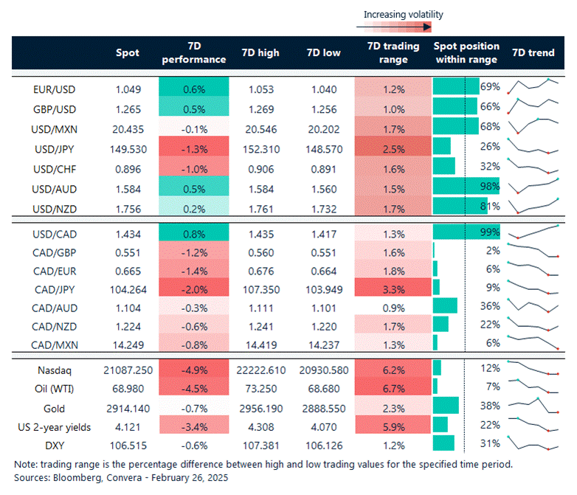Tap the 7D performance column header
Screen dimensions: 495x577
tap(193, 53)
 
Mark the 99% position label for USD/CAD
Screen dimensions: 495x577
tap(490, 232)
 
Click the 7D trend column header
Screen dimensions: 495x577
tap(533, 53)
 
